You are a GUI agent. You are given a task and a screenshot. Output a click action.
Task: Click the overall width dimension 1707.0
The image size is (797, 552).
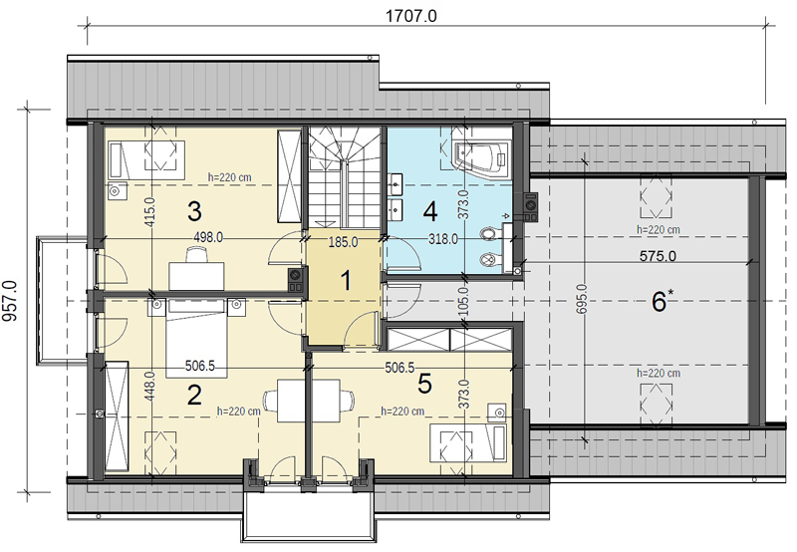pyautogui.click(x=410, y=16)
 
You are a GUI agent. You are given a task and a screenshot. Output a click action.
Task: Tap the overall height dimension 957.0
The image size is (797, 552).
pyautogui.click(x=10, y=301)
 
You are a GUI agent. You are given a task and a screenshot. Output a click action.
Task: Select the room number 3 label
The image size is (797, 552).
pyautogui.click(x=194, y=211)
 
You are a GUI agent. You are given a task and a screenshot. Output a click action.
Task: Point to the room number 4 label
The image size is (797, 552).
pyautogui.click(x=430, y=211)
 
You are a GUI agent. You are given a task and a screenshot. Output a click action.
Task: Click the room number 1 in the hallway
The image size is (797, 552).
pyautogui.click(x=346, y=281)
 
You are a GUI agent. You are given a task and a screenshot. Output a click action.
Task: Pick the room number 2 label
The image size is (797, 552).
pyautogui.click(x=194, y=395)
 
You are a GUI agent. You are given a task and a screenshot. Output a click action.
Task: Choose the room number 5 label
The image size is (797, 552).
pyautogui.click(x=424, y=384)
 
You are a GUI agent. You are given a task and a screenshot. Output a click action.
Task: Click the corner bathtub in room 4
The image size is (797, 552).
pyautogui.click(x=481, y=153)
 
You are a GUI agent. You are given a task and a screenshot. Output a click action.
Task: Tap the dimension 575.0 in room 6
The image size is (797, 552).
pyautogui.click(x=658, y=256)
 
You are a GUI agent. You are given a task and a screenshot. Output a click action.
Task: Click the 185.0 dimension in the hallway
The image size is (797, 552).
pyautogui.click(x=343, y=242)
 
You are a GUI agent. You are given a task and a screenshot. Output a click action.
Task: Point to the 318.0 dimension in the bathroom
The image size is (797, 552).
pyautogui.click(x=442, y=239)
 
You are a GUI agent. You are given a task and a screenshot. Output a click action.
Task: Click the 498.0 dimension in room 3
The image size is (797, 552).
pyautogui.click(x=208, y=237)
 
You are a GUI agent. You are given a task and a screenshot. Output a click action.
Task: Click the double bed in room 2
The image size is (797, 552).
pyautogui.click(x=196, y=338)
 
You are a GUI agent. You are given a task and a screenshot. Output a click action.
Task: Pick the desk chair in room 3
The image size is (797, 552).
pyautogui.click(x=196, y=254)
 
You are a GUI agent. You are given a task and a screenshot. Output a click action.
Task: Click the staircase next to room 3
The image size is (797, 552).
pyautogui.click(x=345, y=177)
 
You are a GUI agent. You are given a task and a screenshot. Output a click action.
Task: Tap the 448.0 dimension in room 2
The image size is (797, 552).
pyautogui.click(x=149, y=387)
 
